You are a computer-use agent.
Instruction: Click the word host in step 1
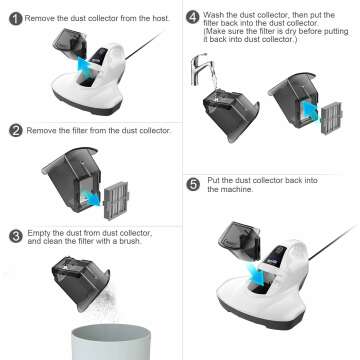tap(155, 17)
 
